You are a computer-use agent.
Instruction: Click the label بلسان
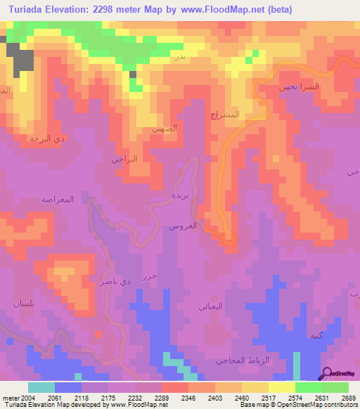click(23, 303)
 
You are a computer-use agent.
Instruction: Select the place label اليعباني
click(211, 306)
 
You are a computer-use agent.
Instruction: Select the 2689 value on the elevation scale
click(348, 397)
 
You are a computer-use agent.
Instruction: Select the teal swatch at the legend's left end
click(41, 387)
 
